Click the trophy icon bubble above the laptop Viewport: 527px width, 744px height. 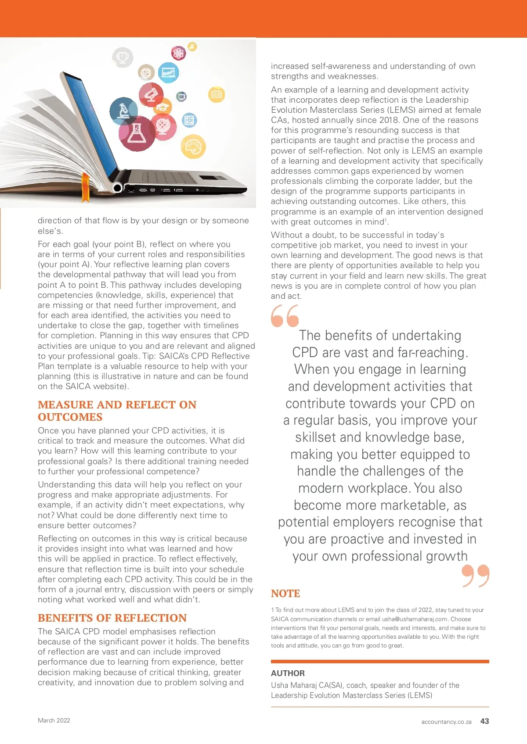point(123,57)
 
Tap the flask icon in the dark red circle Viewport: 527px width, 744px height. point(137,132)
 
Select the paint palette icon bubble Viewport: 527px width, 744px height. point(193,147)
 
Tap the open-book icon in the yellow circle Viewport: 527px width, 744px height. point(217,94)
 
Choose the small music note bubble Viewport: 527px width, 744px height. point(192,46)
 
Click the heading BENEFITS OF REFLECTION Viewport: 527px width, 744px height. point(112,618)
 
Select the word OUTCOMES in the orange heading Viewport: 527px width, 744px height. point(70,417)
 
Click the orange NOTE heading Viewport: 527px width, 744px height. point(285,594)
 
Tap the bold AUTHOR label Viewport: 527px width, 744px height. point(288,673)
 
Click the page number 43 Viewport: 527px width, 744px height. point(484,721)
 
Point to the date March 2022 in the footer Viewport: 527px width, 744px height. point(54,720)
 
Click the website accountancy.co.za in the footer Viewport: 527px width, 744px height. point(446,722)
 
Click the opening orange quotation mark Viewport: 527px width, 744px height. point(285,316)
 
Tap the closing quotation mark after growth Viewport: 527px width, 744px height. point(476,576)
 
